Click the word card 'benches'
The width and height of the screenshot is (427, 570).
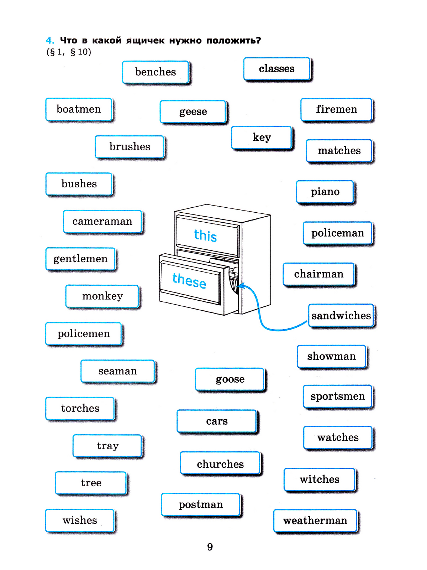click(x=155, y=72)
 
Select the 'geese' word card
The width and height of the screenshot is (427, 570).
click(x=193, y=112)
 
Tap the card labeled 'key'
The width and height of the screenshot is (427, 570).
click(x=262, y=137)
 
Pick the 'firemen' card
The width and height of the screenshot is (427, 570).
click(x=336, y=109)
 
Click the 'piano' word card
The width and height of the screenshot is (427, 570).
click(x=325, y=192)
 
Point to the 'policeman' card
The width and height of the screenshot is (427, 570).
click(x=337, y=233)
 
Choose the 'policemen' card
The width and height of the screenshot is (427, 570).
click(x=84, y=334)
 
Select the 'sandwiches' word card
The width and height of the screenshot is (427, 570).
click(x=341, y=315)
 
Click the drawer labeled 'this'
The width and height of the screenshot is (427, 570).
click(x=206, y=235)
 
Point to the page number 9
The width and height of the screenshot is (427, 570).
click(x=210, y=547)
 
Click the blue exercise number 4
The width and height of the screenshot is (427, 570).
click(x=50, y=41)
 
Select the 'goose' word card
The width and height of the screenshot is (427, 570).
click(x=230, y=379)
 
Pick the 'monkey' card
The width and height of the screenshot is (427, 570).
click(x=102, y=296)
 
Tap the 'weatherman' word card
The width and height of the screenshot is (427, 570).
click(x=315, y=521)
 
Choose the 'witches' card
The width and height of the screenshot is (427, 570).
click(x=320, y=480)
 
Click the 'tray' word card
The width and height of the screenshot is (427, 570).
click(x=107, y=446)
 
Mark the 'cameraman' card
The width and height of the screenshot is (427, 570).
click(x=102, y=222)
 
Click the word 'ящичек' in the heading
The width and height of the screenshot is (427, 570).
click(x=146, y=41)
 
